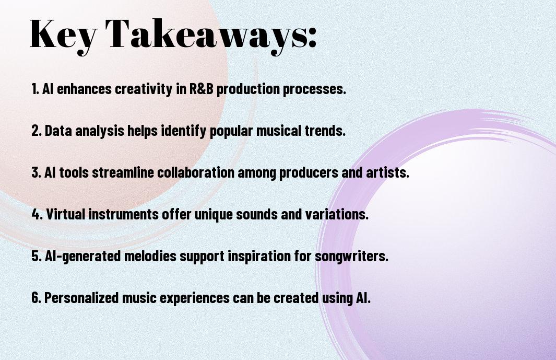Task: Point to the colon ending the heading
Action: [312, 37]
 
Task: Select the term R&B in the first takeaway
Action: [202, 89]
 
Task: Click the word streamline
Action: [124, 172]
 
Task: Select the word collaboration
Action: [196, 172]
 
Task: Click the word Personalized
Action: [81, 298]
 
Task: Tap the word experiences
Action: [195, 298]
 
